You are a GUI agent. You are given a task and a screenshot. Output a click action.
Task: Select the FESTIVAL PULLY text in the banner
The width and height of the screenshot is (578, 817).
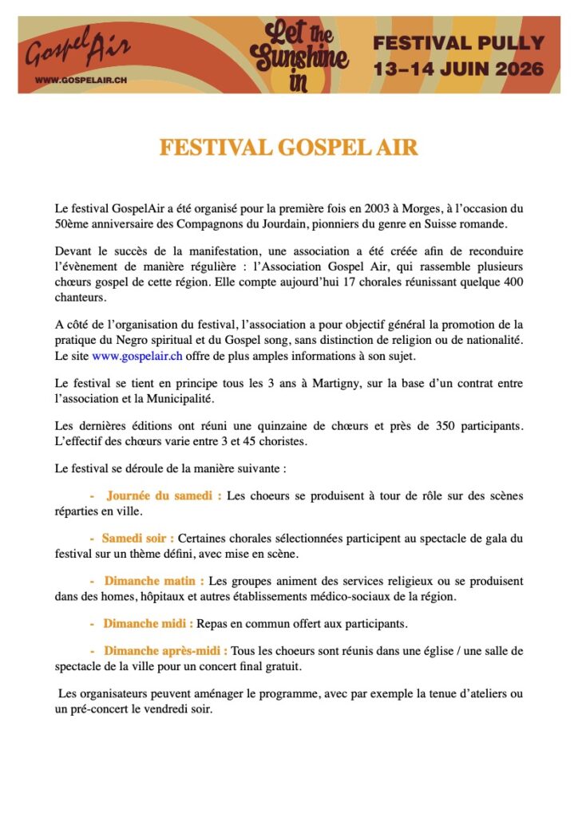458,43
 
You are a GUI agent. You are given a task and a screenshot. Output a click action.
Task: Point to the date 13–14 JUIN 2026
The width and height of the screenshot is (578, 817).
458,69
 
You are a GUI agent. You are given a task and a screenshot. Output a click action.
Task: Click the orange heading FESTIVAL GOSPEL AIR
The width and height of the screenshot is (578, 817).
288,148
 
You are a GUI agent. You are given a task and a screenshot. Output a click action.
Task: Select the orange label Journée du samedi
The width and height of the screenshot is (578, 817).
164,495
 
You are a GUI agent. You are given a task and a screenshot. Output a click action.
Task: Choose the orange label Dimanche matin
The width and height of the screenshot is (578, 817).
154,581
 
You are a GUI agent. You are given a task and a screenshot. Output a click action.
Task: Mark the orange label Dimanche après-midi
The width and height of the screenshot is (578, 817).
165,651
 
